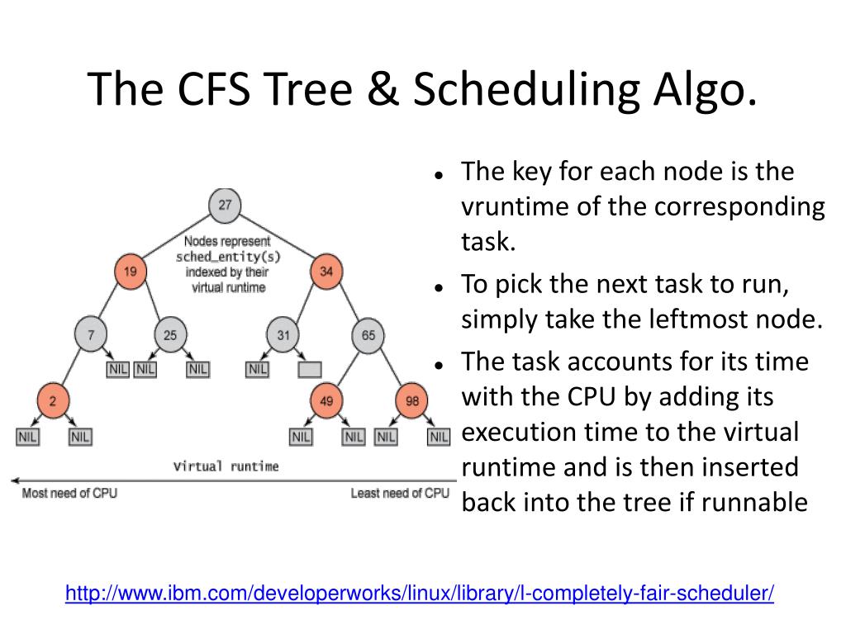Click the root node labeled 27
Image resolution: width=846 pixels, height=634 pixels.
(x=224, y=206)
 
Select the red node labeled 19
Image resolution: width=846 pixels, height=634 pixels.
(x=130, y=271)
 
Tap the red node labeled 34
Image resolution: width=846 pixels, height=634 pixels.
(x=326, y=271)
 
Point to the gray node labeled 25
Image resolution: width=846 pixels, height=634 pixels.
(x=169, y=336)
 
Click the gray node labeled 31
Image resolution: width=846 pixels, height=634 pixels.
(x=283, y=336)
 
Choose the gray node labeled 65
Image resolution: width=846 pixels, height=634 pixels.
(x=368, y=336)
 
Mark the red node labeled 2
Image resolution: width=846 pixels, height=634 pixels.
(x=51, y=402)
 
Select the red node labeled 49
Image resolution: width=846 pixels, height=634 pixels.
(x=326, y=402)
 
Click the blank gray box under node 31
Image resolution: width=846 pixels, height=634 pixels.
(x=310, y=370)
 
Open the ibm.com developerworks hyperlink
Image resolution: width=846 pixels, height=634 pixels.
(x=420, y=593)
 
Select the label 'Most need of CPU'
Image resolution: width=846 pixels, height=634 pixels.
(x=69, y=494)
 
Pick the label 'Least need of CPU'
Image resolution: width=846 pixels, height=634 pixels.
(x=400, y=494)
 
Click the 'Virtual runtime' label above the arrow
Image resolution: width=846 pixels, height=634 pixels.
(x=226, y=466)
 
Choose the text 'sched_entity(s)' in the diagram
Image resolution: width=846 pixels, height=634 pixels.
(x=224, y=257)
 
